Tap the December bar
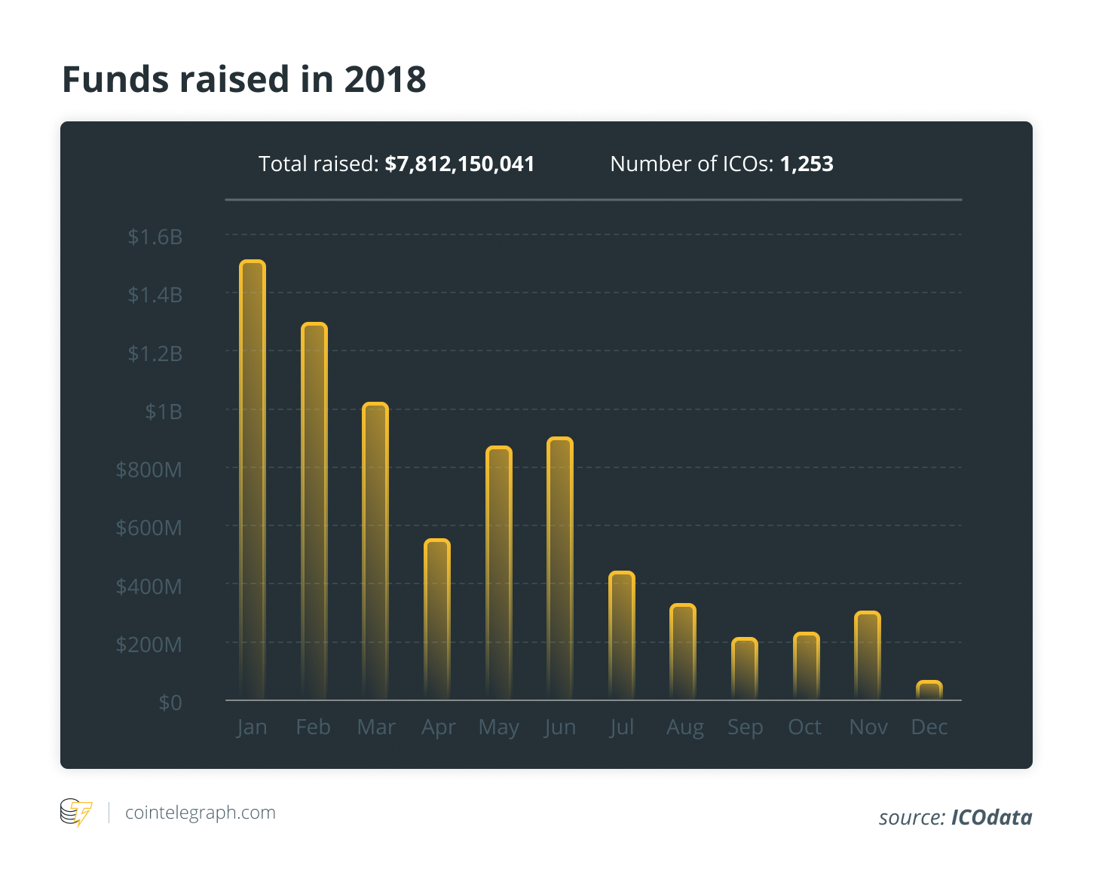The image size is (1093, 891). (x=929, y=690)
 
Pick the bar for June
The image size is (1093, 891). (x=560, y=568)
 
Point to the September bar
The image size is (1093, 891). (x=745, y=669)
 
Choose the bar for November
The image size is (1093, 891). (x=868, y=655)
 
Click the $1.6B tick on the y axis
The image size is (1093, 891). (x=155, y=237)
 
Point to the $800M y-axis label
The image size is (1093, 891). (x=148, y=470)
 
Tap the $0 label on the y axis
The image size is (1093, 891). (x=170, y=703)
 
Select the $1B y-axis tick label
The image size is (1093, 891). (x=164, y=412)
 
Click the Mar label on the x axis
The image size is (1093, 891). (x=376, y=727)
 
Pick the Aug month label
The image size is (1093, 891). (x=684, y=727)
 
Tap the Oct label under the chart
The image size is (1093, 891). (x=805, y=727)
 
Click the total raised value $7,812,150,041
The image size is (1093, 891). (x=460, y=164)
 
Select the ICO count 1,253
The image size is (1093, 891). (x=807, y=164)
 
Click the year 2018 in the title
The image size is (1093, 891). (x=385, y=79)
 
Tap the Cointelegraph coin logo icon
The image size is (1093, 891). (x=75, y=813)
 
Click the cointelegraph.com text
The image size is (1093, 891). (x=201, y=813)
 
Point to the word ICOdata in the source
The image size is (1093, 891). (x=991, y=817)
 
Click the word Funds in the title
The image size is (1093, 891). (x=116, y=79)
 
